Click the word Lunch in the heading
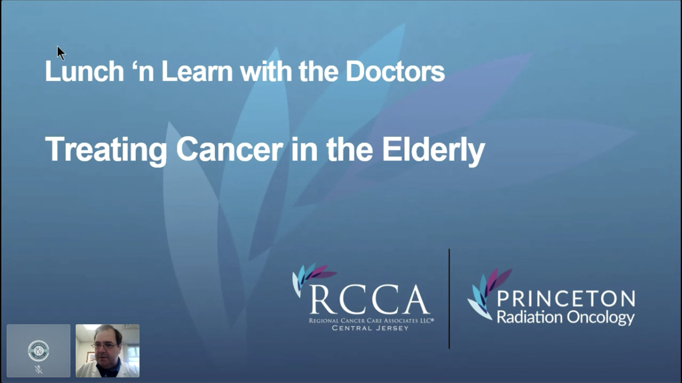84,71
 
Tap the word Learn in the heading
197,71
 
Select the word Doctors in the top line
395,71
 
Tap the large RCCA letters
370,300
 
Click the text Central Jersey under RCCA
370,328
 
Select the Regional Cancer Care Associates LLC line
371,321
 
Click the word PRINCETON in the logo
566,298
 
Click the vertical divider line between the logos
449,299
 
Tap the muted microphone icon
38,369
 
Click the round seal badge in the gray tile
38,351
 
